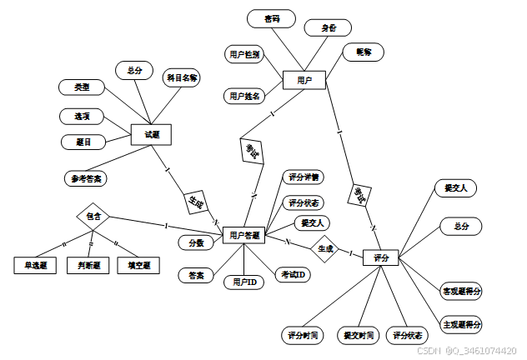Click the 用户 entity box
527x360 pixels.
[x=304, y=80]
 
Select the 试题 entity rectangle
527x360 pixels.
[x=151, y=134]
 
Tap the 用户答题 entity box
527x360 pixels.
[x=245, y=236]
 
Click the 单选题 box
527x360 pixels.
[x=34, y=266]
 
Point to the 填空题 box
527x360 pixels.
[x=138, y=266]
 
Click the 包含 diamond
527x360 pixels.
[x=93, y=216]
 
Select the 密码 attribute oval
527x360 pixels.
[x=272, y=18]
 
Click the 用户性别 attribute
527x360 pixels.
[x=245, y=54]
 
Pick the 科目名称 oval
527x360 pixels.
[x=182, y=78]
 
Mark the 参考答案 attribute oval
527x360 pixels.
[x=88, y=177]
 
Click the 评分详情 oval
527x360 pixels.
[x=304, y=177]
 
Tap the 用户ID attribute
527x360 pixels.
[x=243, y=282]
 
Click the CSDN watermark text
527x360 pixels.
[x=470, y=352]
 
